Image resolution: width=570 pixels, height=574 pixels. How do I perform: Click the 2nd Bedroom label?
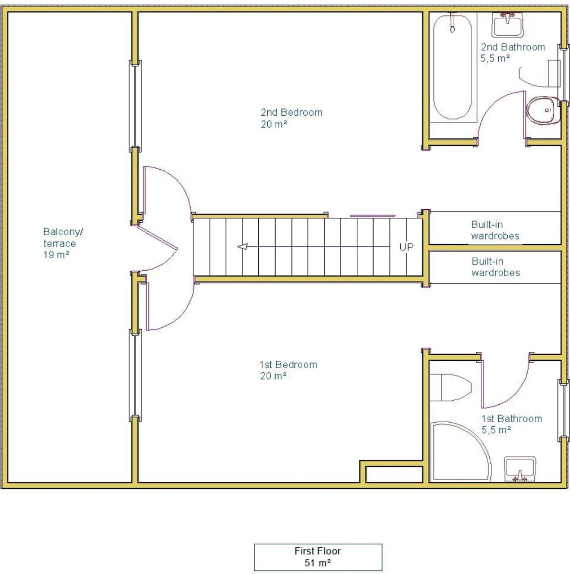click(291, 118)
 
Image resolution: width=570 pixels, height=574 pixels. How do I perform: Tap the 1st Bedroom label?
click(288, 370)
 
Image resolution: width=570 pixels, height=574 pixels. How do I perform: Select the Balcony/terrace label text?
click(63, 237)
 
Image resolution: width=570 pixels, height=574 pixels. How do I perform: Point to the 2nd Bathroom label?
click(513, 53)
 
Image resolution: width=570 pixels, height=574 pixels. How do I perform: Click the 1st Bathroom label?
click(512, 424)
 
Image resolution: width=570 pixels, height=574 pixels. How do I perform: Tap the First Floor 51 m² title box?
click(318, 557)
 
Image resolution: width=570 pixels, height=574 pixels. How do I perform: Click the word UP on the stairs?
click(407, 247)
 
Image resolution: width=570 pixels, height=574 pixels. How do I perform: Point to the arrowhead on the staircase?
click(243, 247)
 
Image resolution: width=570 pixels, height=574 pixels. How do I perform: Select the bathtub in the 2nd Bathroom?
click(452, 68)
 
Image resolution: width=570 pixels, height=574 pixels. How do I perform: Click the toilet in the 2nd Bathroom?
click(543, 110)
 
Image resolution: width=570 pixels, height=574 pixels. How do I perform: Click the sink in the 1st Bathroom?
click(520, 469)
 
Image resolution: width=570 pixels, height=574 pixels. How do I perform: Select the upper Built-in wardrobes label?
click(495, 230)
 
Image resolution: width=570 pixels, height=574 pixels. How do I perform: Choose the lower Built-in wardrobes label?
click(496, 267)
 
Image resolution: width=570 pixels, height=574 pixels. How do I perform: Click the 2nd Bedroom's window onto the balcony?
click(135, 106)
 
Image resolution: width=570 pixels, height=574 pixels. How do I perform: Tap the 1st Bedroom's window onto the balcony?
click(135, 375)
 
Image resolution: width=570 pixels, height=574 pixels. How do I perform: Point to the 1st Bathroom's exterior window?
click(563, 411)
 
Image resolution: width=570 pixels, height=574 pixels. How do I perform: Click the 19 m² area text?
click(56, 255)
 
